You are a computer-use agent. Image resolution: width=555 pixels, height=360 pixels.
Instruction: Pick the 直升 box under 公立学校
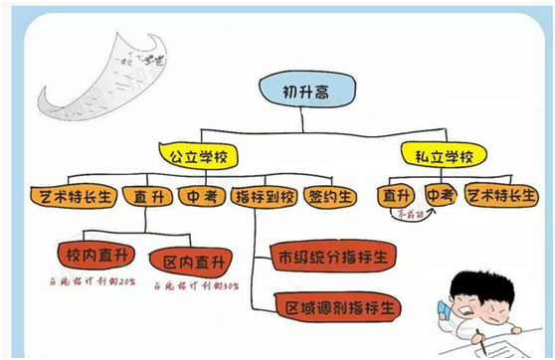149,196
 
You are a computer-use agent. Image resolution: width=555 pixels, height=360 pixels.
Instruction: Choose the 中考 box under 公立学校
204,196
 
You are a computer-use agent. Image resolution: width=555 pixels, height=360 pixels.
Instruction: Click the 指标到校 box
264,196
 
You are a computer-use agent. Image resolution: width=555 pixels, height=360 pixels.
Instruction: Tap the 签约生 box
329,196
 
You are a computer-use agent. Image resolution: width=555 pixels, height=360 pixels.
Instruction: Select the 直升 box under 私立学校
398,195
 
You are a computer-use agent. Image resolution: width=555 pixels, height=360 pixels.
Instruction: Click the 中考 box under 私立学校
442,195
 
